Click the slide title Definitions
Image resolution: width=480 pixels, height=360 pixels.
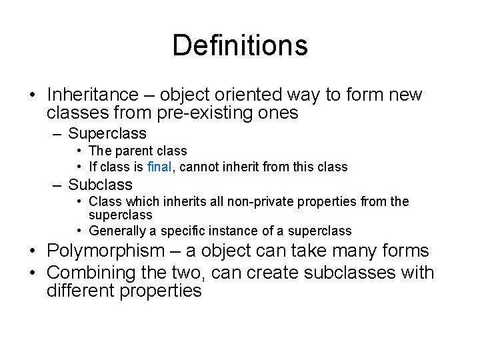[x=240, y=46]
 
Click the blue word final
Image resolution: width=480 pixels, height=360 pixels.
[x=159, y=167]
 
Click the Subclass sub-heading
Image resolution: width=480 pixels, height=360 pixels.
[x=100, y=185]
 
